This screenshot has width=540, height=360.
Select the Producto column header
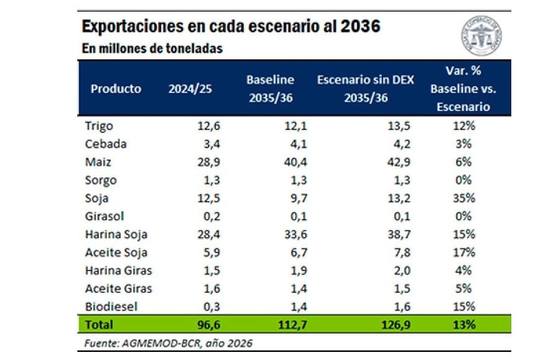pos(115,88)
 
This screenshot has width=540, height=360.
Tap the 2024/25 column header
pos(190,88)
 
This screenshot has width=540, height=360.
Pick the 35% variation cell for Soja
pos(463,198)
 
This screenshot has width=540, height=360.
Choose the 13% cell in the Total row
pos(463,324)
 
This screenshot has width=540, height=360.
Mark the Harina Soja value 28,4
pos(209,234)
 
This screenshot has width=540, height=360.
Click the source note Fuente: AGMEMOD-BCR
pos(168,343)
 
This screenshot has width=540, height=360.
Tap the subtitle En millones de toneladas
pos(152,48)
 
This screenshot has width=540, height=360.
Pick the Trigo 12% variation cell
pos(463,126)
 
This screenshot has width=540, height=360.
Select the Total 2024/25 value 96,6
pos(209,324)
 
